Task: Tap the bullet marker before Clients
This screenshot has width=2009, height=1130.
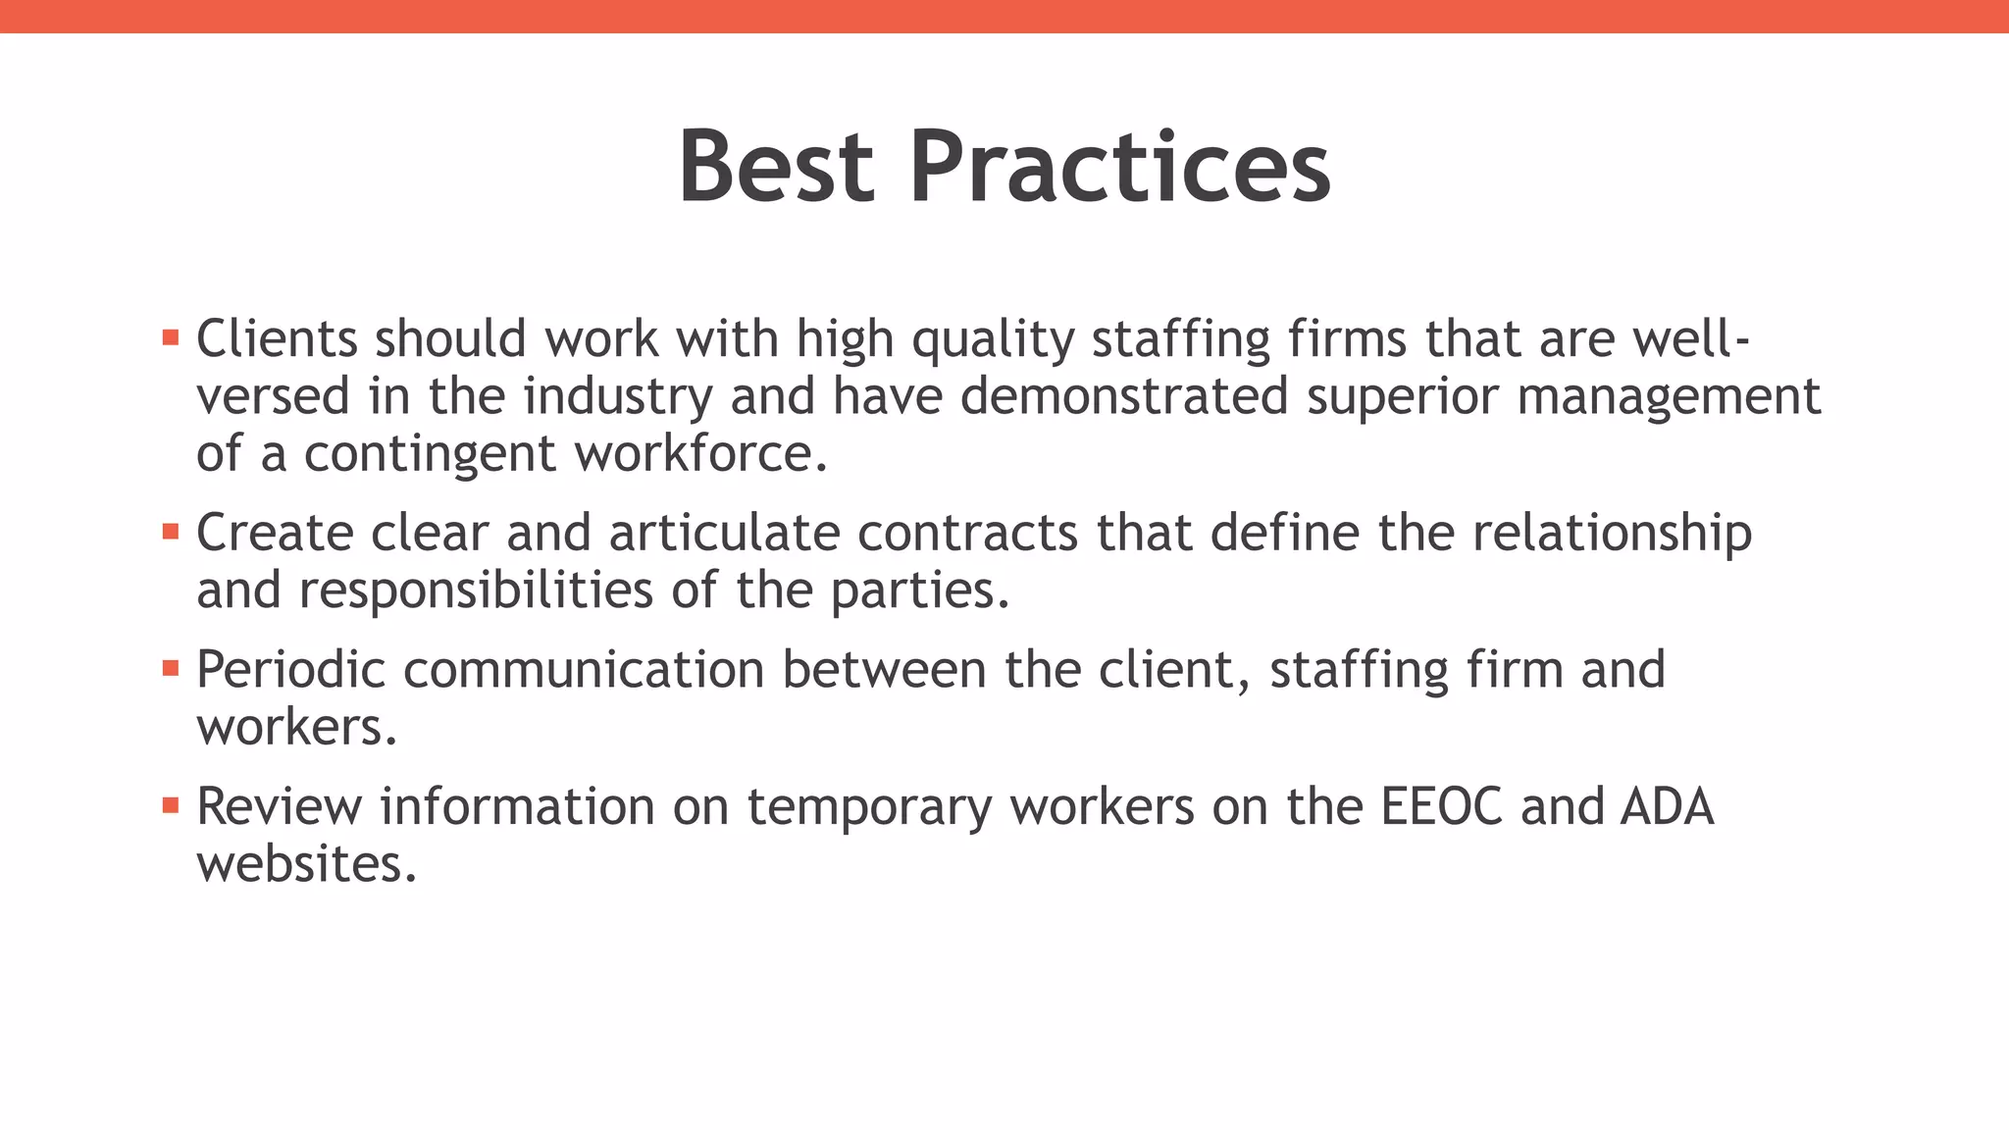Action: tap(171, 338)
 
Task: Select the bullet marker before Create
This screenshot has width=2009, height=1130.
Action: tap(171, 533)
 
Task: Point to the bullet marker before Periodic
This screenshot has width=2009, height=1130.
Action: tap(171, 669)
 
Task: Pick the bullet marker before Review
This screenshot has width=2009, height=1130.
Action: tap(171, 805)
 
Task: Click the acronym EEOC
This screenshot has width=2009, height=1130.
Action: tap(1441, 806)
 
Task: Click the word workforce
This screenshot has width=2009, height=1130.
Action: tap(700, 453)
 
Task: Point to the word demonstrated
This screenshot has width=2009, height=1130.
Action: tap(1123, 396)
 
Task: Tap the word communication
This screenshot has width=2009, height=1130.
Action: tap(584, 670)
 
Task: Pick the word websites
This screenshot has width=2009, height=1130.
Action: tap(306, 864)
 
